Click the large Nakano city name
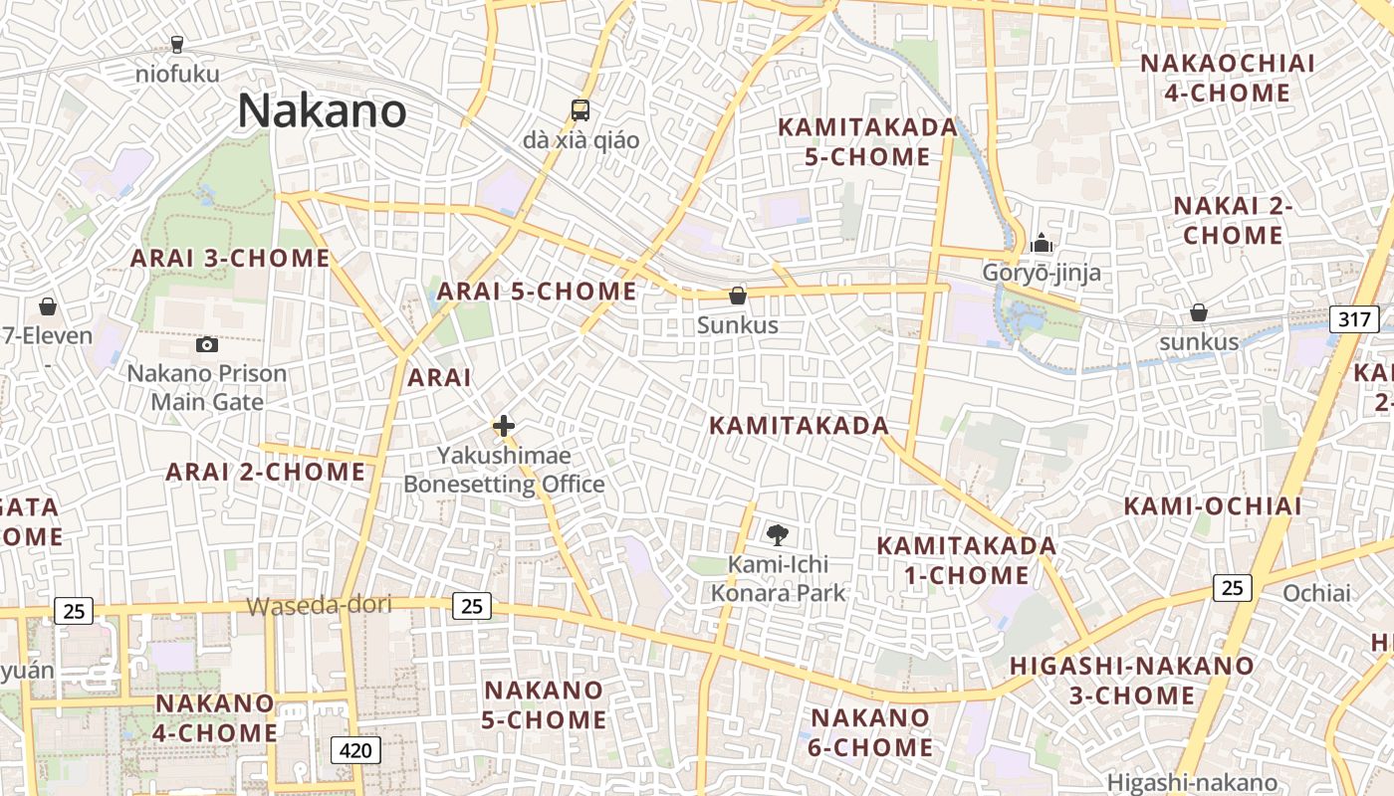pos(322,110)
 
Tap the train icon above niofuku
pos(177,44)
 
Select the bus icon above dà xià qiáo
pos(581,109)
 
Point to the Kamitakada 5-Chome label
pos(867,142)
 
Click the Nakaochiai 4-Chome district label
pos(1228,79)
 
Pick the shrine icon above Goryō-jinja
pos(1042,243)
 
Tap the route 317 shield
pos(1354,319)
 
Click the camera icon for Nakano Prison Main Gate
pos(207,344)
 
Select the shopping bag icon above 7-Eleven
pos(47,306)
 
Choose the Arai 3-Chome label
pos(231,259)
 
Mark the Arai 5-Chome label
pos(537,292)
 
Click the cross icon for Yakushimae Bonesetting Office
pos(504,427)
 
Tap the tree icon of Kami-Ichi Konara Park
pos(778,535)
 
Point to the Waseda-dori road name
pos(319,605)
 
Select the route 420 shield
pos(355,749)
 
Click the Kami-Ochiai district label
pos(1213,505)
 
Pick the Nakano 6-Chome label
pos(871,732)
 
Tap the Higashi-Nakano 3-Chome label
pos(1132,681)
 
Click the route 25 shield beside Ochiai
pos(1232,588)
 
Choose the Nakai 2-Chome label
pos(1233,221)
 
